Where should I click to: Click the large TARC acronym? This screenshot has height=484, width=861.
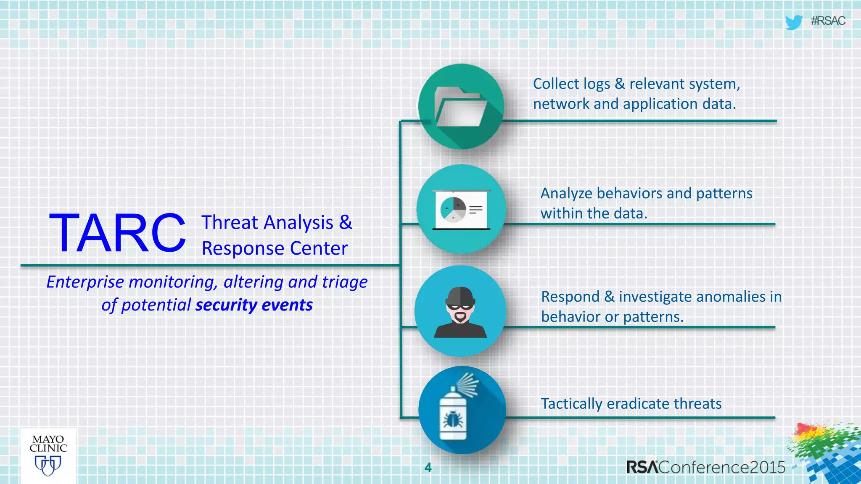(117, 234)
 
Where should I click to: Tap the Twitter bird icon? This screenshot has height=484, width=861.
(793, 22)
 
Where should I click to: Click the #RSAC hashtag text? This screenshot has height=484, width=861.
(828, 21)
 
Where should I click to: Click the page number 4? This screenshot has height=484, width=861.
(428, 468)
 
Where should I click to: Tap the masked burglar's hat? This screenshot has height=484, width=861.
(460, 296)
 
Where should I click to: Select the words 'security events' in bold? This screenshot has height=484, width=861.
(254, 305)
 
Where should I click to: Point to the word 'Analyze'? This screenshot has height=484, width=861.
(566, 194)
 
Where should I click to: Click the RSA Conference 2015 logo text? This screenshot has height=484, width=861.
(705, 467)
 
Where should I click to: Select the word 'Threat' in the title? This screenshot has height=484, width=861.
(230, 223)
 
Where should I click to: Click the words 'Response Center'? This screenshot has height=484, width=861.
(275, 248)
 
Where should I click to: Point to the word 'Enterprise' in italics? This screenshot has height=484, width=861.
(85, 282)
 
